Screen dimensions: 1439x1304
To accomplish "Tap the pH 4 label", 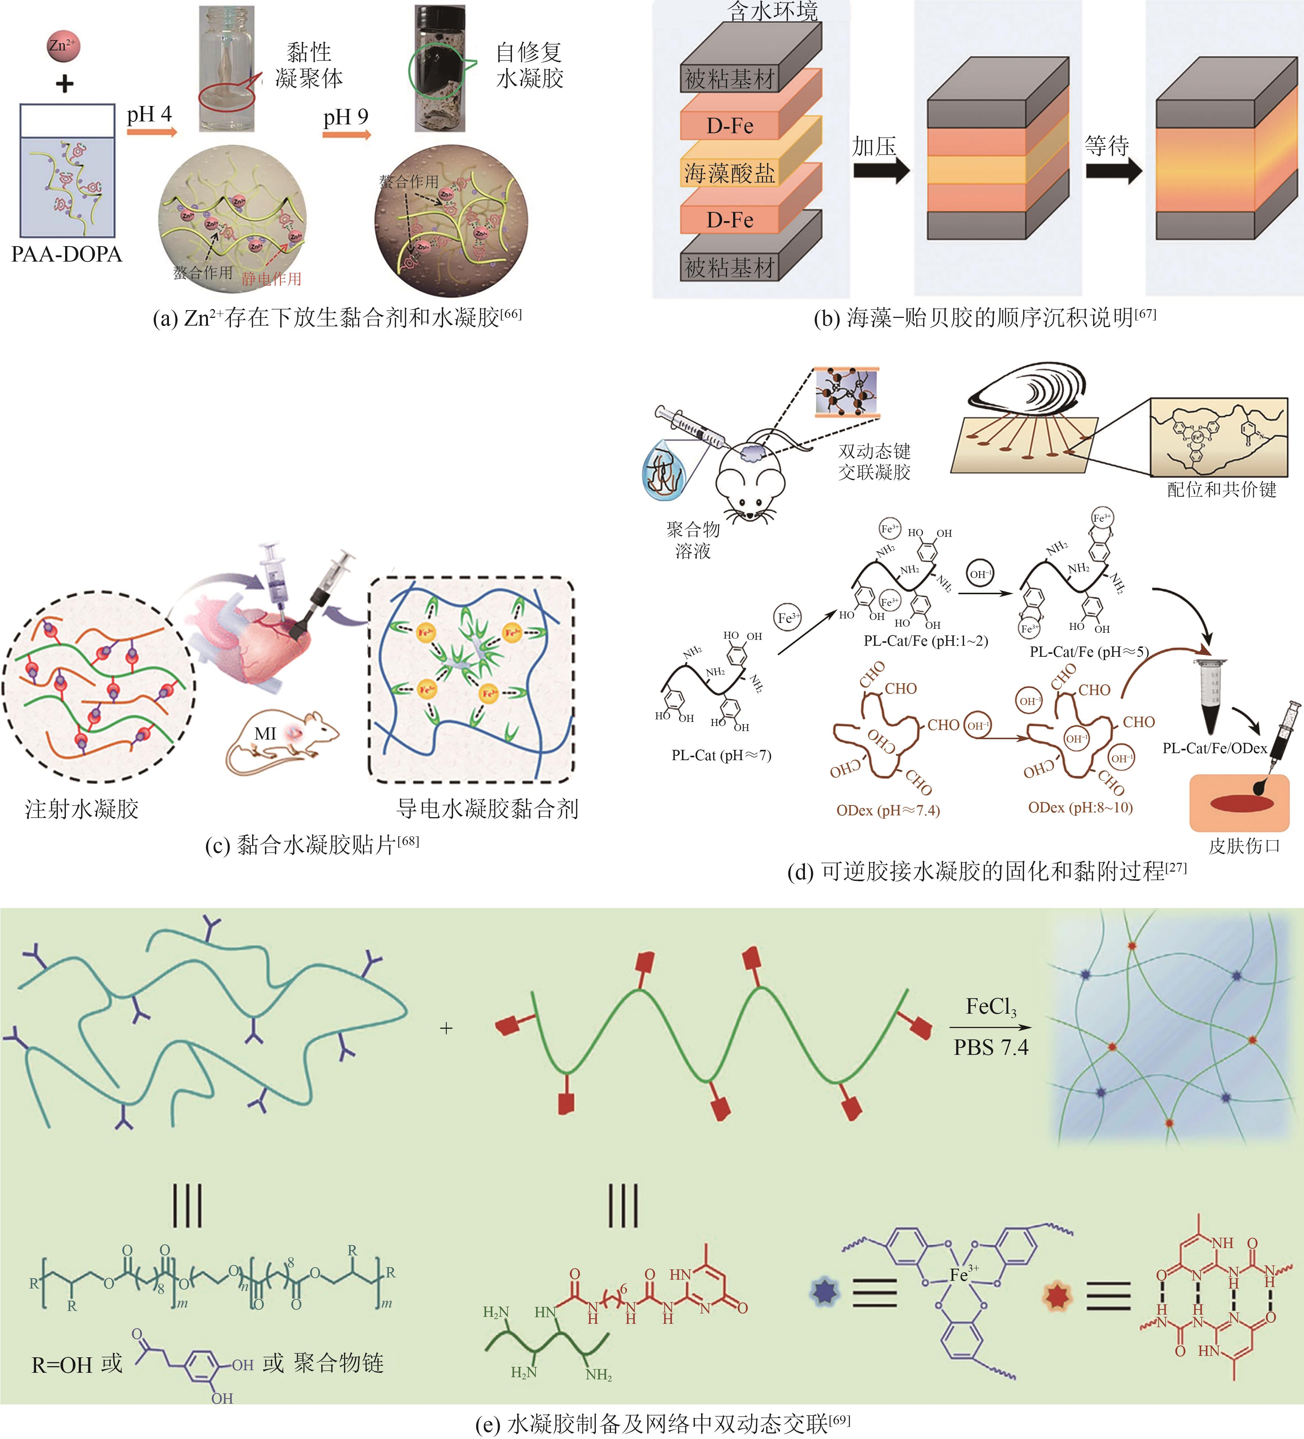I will pos(149,114).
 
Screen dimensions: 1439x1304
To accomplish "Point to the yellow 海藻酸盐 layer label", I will pos(729,173).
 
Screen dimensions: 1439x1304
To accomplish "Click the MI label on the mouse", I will pos(265,733).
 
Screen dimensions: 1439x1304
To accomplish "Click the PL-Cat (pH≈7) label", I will pos(721,755).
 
